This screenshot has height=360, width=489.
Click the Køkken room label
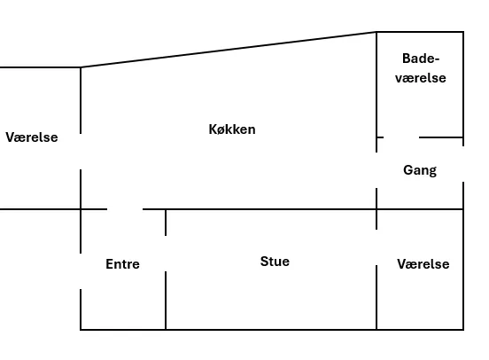click(x=232, y=129)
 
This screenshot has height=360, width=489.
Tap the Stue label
click(x=275, y=262)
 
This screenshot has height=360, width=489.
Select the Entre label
click(x=122, y=264)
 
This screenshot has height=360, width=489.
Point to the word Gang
click(x=420, y=170)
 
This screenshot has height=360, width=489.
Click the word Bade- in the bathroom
click(x=421, y=59)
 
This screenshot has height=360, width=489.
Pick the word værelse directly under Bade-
click(x=421, y=78)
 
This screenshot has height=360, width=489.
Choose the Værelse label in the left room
click(x=32, y=137)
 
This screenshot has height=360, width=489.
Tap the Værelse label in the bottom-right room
click(x=423, y=264)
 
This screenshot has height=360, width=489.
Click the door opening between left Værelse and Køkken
click(x=81, y=152)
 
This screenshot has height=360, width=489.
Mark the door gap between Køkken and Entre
click(x=125, y=209)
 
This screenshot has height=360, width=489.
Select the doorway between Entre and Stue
click(x=166, y=254)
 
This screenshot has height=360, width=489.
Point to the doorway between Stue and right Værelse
click(x=376, y=247)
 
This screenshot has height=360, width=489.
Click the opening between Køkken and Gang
click(x=376, y=170)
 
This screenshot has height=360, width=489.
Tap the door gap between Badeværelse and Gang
click(x=401, y=137)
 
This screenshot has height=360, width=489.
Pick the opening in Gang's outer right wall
click(x=463, y=164)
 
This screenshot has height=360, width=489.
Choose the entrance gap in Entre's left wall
click(x=81, y=271)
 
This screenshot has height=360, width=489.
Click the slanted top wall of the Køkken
click(x=229, y=50)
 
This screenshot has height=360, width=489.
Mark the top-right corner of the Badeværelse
click(x=463, y=32)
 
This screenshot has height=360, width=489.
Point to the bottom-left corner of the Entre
click(x=81, y=329)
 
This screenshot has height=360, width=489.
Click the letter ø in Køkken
click(x=221, y=130)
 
